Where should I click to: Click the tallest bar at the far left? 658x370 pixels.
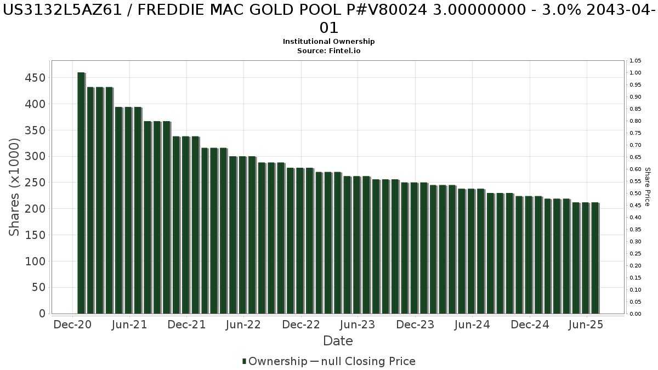tap(81, 192)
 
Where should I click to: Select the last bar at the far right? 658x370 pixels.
tap(595, 258)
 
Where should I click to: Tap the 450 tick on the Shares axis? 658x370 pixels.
tap(35, 78)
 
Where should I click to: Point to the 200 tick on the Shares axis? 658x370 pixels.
tap(35, 209)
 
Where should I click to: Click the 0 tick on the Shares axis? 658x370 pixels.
tap(42, 314)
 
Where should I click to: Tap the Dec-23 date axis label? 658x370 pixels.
tap(415, 325)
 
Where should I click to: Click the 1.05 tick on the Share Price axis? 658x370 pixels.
tap(636, 61)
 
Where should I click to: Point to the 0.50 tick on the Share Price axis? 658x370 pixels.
tap(636, 193)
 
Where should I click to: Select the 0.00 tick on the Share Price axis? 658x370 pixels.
tap(636, 314)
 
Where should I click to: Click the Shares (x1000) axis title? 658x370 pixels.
tap(15, 187)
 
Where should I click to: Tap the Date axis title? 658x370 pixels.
tap(338, 341)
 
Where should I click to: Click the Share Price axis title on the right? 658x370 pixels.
tap(647, 187)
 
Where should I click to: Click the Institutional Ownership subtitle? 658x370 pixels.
tap(329, 42)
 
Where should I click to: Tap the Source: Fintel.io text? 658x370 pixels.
tap(329, 50)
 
